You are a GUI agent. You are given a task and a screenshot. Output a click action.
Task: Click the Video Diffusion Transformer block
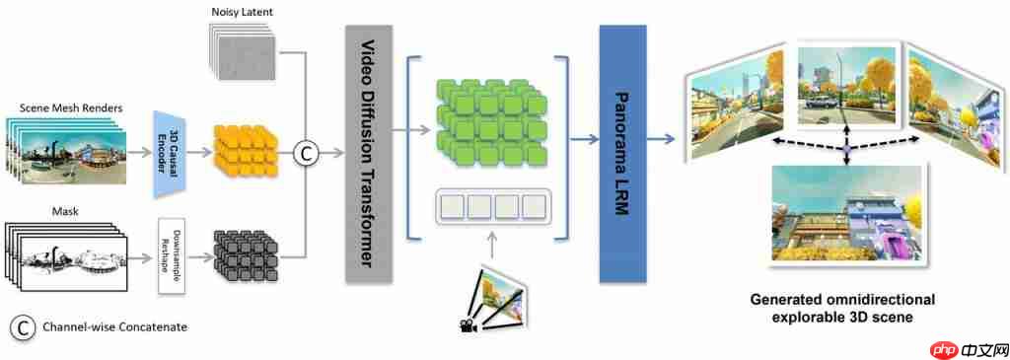point(369,153)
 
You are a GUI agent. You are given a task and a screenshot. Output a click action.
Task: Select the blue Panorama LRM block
point(622,153)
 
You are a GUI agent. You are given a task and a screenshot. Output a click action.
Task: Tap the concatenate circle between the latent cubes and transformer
point(305,153)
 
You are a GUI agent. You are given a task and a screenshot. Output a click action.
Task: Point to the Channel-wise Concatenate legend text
point(115,327)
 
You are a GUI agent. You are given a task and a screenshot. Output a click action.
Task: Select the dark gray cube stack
point(245,256)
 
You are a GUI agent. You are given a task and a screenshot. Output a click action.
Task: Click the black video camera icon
point(466,325)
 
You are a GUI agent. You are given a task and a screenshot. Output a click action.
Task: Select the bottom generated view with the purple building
point(849,216)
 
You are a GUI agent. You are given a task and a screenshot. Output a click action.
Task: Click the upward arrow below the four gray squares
point(493,246)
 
